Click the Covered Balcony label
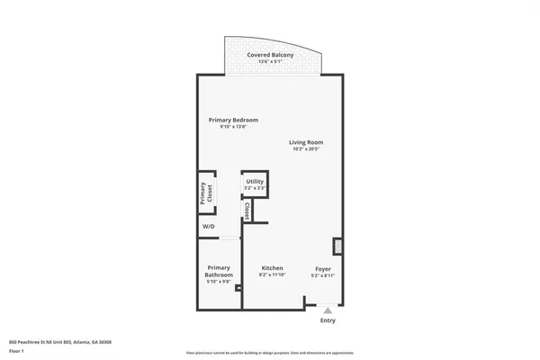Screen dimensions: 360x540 (x=270, y=55)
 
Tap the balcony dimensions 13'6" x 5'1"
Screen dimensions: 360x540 (x=270, y=62)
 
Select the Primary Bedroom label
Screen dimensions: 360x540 (x=233, y=120)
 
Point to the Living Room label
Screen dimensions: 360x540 (x=306, y=142)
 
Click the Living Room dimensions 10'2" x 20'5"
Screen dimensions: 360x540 (x=306, y=149)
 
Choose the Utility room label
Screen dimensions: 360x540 (x=255, y=182)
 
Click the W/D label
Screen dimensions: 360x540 (x=208, y=227)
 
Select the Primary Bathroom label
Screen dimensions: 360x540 (x=220, y=271)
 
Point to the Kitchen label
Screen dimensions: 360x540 (x=273, y=268)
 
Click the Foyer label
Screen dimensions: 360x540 (x=323, y=268)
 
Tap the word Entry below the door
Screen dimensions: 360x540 (x=328, y=321)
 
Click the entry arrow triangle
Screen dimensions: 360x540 (x=328, y=310)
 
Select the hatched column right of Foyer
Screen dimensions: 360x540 (x=337, y=246)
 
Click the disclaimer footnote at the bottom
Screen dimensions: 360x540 (x=270, y=353)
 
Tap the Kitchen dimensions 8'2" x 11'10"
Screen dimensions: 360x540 (x=273, y=275)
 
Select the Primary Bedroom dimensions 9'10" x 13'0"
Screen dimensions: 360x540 (x=233, y=127)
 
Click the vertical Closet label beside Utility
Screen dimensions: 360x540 (x=246, y=211)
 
